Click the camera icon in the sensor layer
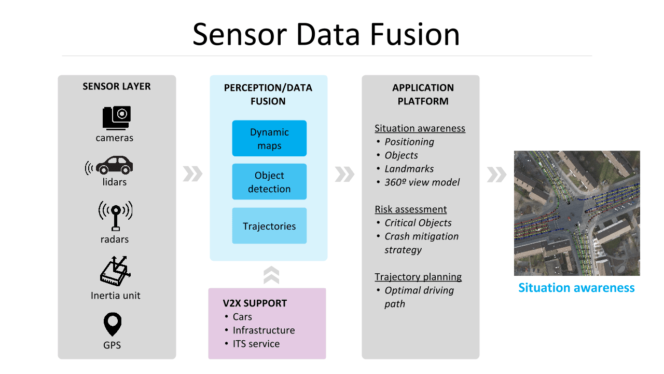click(117, 117)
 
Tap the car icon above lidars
click(114, 165)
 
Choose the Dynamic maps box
click(269, 139)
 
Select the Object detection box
click(269, 182)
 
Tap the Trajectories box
click(269, 226)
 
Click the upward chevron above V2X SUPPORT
click(271, 275)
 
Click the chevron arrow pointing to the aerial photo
click(496, 175)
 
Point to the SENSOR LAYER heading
click(117, 87)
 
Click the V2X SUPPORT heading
click(255, 303)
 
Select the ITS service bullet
click(256, 344)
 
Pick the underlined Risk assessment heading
click(411, 209)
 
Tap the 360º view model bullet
click(422, 182)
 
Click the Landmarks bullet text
click(409, 169)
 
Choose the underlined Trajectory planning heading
click(418, 277)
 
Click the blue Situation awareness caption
click(576, 288)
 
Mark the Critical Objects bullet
click(418, 223)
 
